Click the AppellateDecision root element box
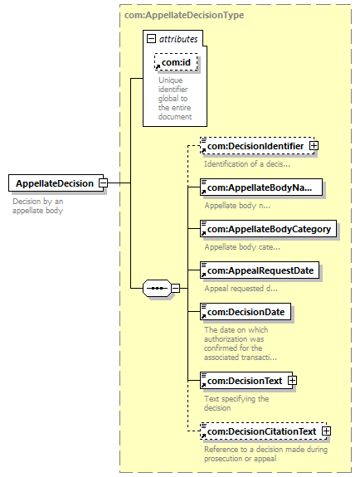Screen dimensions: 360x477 [56, 183]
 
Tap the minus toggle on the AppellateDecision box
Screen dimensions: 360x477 [104, 183]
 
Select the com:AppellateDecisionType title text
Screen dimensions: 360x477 [184, 15]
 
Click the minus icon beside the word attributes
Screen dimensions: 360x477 [151, 39]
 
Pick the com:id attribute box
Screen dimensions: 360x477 [176, 62]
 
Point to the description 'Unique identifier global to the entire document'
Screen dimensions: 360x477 [175, 99]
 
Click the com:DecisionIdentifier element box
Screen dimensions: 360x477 [257, 146]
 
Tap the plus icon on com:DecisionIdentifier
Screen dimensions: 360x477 [314, 146]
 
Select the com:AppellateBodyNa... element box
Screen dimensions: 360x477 [261, 187]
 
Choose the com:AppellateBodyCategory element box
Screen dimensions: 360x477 [268, 229]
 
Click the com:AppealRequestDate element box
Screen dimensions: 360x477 [260, 270]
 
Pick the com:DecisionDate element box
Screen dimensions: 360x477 [246, 312]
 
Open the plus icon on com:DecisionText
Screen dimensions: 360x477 [292, 380]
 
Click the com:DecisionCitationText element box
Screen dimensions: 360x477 [263, 431]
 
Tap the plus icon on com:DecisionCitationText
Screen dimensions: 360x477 [326, 431]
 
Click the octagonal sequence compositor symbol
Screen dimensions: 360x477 [157, 288]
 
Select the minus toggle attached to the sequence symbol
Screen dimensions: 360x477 [175, 288]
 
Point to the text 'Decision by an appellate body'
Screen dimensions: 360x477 [37, 206]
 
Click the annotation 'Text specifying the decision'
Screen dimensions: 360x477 [236, 403]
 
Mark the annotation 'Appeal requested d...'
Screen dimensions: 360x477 [241, 289]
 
